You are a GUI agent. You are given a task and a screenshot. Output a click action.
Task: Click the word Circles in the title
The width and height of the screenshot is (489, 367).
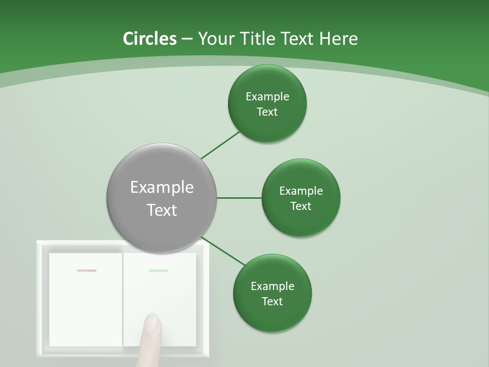150,39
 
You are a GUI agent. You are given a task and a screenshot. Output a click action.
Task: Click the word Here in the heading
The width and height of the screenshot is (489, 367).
338,39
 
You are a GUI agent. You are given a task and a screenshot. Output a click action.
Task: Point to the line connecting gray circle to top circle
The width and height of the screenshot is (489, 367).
220,145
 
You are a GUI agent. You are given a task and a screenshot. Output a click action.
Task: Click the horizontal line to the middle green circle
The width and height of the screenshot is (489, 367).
239,198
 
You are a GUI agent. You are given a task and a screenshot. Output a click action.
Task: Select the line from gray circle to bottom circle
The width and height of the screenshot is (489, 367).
223,251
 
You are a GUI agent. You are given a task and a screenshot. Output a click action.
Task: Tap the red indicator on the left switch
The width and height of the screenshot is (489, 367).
87,271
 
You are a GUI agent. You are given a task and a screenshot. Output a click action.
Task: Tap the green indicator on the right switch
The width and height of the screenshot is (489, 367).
158,271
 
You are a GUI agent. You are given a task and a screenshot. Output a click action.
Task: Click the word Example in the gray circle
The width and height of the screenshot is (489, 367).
162,188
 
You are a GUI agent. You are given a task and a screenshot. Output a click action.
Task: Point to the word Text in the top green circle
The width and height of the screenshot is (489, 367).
267,112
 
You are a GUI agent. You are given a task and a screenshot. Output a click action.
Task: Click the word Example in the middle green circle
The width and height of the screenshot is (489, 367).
301,191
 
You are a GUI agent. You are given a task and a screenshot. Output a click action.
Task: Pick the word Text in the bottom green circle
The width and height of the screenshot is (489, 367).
272,302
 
